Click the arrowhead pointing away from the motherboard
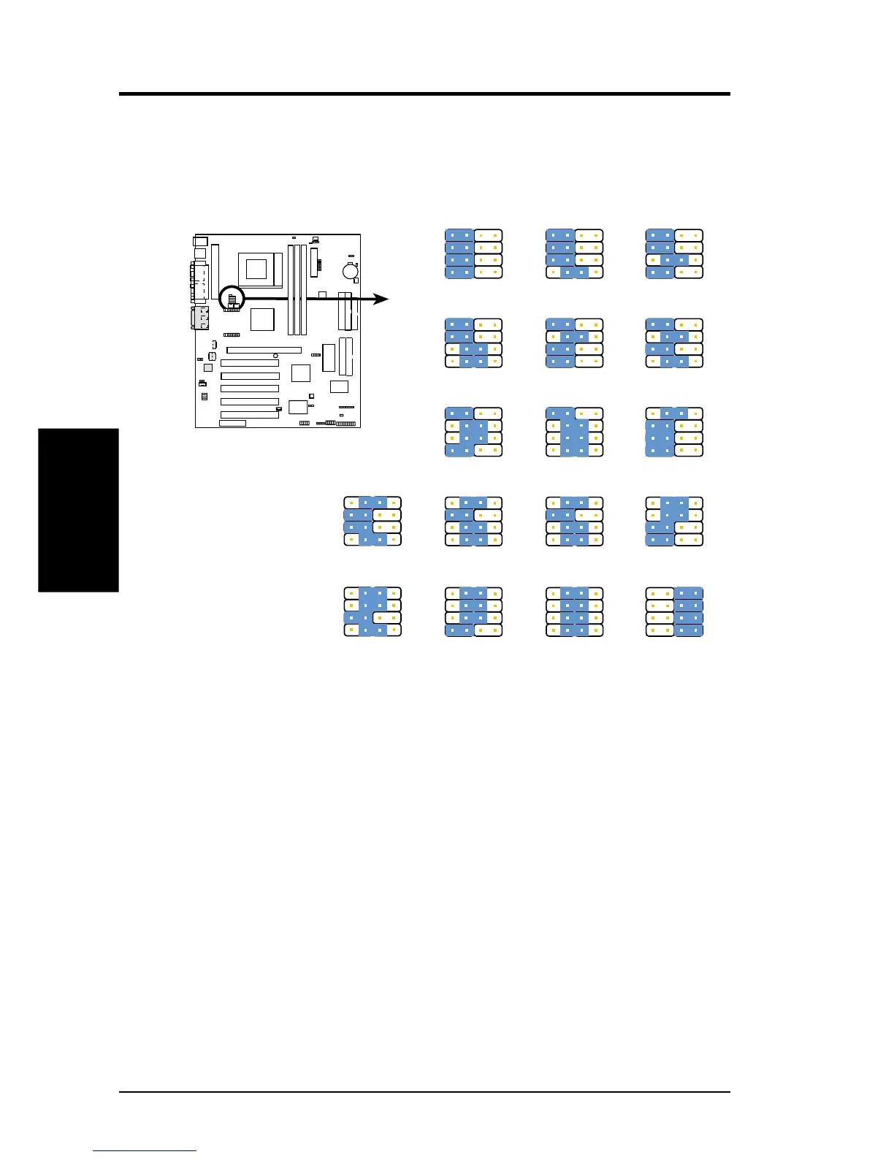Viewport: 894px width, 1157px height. [381, 299]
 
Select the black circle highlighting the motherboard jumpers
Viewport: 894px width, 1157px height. [232, 298]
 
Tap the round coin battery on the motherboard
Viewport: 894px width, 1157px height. [351, 271]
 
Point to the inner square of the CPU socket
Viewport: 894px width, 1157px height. [256, 269]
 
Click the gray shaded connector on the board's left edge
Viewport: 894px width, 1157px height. [199, 318]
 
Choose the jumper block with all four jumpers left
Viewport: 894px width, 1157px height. [474, 253]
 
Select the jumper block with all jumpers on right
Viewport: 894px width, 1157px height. [675, 612]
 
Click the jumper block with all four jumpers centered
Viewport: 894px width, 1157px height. [575, 612]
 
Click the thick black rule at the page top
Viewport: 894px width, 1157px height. [424, 94]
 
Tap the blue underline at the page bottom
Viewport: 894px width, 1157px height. [145, 1151]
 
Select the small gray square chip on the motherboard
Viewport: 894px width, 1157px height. [208, 367]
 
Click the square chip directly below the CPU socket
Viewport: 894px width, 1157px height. [262, 319]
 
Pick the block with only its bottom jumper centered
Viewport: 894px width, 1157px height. [575, 253]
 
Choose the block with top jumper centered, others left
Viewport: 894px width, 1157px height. [675, 432]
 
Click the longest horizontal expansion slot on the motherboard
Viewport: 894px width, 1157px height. [264, 350]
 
